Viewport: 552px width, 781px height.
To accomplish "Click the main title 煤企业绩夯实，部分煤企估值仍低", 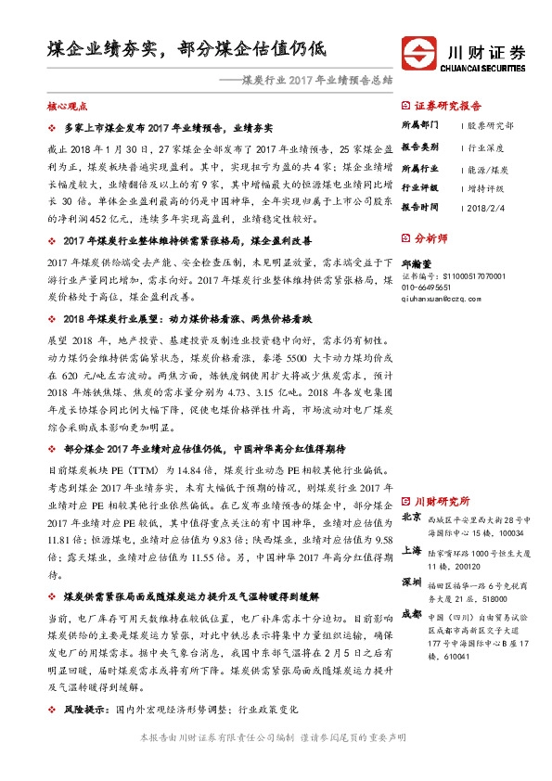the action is click(186, 48).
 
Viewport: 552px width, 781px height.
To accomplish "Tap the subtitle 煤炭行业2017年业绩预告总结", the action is click(317, 80).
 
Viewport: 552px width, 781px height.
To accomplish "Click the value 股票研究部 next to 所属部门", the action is click(490, 123).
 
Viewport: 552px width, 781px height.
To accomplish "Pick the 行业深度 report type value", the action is click(484, 147).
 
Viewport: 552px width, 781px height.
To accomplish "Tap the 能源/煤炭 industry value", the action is click(487, 170).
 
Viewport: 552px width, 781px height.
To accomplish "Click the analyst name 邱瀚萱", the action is click(417, 265).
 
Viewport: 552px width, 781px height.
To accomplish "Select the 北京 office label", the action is click(412, 517).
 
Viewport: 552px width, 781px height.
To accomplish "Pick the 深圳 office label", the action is click(412, 582).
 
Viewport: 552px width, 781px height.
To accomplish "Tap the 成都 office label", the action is click(412, 614).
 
